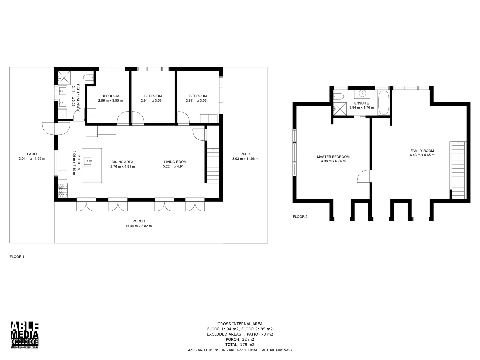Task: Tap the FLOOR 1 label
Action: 17,257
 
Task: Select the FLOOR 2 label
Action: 300,217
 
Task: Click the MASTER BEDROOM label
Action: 333,157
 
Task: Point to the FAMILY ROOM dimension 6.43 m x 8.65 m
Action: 422,155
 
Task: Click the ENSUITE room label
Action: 361,103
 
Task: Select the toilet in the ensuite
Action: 339,97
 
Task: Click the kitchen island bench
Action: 92,165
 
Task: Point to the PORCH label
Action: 138,221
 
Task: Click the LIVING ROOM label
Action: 175,162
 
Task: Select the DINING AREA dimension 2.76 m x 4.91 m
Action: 123,167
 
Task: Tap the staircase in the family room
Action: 458,170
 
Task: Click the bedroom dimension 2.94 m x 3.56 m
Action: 153,101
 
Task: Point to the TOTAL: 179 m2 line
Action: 240,345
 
